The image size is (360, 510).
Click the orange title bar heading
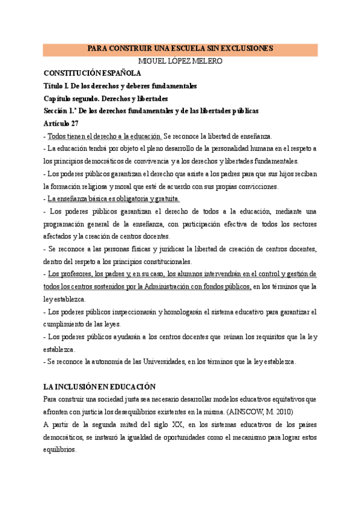click(x=180, y=49)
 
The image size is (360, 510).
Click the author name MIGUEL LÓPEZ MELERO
click(x=180, y=61)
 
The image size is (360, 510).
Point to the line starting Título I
click(x=120, y=86)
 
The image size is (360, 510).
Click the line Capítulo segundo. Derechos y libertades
click(x=106, y=98)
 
